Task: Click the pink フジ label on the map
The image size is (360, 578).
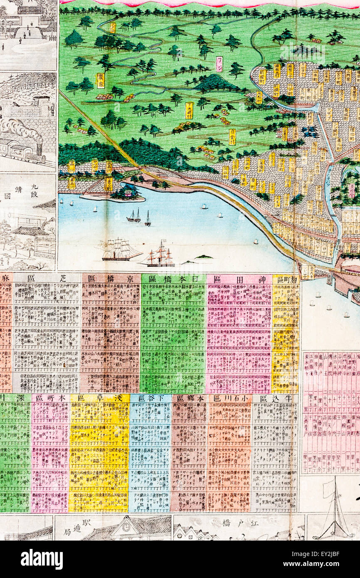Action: tap(219, 64)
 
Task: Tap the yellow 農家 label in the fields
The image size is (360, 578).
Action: tap(101, 81)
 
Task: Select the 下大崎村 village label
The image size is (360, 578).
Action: tap(189, 110)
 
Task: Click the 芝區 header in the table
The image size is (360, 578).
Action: tap(46, 278)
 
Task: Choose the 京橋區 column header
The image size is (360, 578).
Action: tap(111, 278)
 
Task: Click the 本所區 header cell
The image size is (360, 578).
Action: tap(50, 398)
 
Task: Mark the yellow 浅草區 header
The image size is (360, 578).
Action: tap(99, 398)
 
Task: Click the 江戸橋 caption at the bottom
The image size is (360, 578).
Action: tap(238, 522)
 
